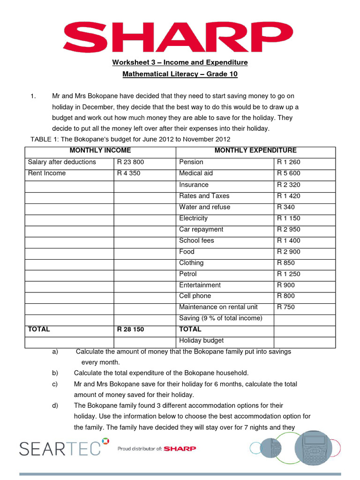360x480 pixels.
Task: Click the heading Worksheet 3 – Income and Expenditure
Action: coord(180,62)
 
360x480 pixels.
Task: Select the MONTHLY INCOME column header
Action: coord(100,150)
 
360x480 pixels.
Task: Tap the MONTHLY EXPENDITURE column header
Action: coord(255,150)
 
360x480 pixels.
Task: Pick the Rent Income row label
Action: coord(47,173)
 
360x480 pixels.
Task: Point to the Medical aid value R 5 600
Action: coord(289,173)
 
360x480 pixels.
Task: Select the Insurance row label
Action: coord(194,185)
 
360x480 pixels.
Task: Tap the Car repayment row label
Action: coord(201,229)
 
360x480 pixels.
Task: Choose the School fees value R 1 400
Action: coord(289,240)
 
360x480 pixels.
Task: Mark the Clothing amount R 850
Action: coord(286,263)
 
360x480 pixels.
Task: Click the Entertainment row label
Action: coord(200,285)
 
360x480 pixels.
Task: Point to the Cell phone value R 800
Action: coord(286,296)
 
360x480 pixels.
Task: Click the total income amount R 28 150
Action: coord(130,330)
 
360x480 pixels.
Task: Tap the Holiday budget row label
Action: coord(201,341)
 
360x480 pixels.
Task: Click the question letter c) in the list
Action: coord(55,384)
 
